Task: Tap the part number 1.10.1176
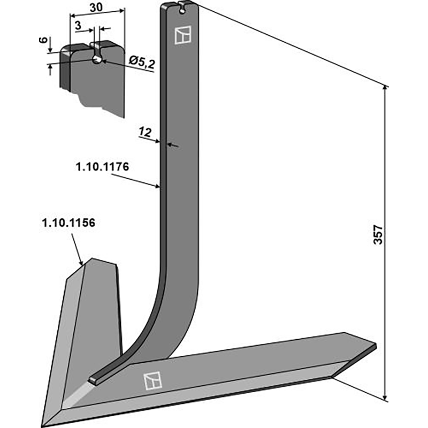point(102,167)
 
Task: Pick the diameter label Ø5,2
point(142,64)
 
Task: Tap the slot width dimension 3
point(78,25)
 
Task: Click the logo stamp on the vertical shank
point(182,35)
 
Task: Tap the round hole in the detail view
point(97,59)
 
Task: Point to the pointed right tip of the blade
point(376,346)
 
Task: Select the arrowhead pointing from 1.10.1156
point(81,263)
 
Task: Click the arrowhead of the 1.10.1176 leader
point(159,187)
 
